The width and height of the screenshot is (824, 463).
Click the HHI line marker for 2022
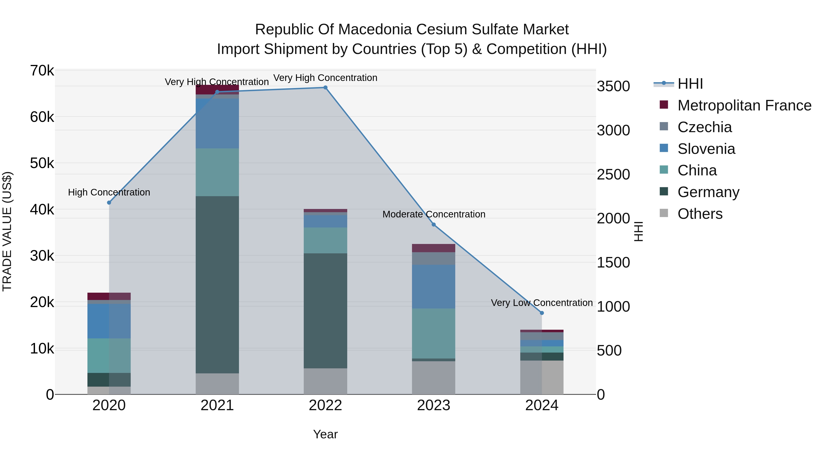[x=325, y=88]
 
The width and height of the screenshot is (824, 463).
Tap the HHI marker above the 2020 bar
[x=109, y=203]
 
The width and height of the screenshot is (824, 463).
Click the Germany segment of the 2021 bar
[x=217, y=284]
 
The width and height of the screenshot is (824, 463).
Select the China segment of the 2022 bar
[x=325, y=240]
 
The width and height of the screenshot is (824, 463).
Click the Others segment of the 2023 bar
[x=434, y=378]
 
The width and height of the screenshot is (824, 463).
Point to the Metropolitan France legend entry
[x=744, y=105]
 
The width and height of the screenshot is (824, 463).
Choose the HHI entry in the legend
[x=690, y=84]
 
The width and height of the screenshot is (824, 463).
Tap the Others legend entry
[x=700, y=214]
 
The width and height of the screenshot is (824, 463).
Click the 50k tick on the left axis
[x=42, y=163]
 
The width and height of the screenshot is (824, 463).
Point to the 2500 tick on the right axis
[x=613, y=174]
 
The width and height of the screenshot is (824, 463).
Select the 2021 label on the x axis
[x=217, y=405]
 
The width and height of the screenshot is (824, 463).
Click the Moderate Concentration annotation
[x=434, y=214]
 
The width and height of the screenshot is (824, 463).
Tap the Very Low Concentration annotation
[x=542, y=302]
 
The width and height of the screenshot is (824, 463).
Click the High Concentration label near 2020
[x=109, y=192]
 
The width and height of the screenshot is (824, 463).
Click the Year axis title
[x=325, y=434]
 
